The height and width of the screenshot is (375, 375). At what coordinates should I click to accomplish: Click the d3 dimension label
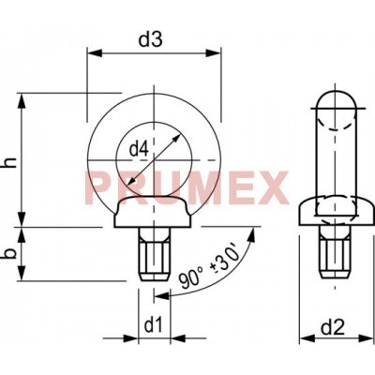point(151,39)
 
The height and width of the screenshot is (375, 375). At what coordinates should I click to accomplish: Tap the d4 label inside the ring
point(139,149)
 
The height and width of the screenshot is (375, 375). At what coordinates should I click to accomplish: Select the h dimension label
point(11,162)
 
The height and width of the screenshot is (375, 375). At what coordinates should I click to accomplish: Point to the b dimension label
point(11,253)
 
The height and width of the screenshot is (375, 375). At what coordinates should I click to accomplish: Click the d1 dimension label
point(154,326)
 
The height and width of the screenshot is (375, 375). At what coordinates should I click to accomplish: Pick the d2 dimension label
point(333,328)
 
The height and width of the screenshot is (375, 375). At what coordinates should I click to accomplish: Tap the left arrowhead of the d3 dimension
point(95,52)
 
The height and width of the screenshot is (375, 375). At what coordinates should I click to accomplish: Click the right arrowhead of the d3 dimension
point(214,52)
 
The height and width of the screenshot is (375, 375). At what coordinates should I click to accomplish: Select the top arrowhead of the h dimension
point(22,101)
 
